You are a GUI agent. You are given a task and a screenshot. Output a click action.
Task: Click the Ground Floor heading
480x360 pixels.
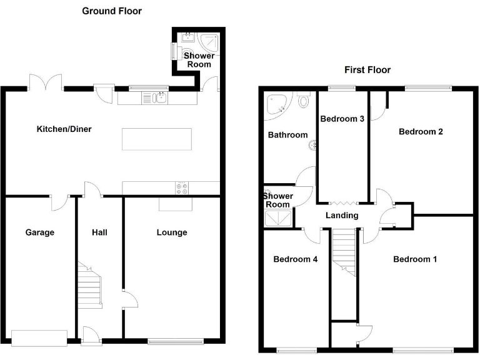pos(112,11)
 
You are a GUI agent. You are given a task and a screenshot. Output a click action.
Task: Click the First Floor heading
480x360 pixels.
pos(367,69)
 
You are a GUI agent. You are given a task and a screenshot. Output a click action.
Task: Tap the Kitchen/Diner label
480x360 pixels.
pos(64,129)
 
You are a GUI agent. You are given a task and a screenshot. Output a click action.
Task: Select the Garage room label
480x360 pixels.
pos(40,232)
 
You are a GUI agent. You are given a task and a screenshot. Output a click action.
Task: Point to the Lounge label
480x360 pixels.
pos(172,232)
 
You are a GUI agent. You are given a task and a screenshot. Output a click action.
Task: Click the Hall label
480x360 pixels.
pos(99,232)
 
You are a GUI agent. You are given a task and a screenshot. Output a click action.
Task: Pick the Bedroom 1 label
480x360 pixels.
pos(414,259)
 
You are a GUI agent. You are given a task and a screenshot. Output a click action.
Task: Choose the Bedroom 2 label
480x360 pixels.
pos(421,131)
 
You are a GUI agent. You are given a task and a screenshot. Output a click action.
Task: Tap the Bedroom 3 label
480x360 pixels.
pos(342,119)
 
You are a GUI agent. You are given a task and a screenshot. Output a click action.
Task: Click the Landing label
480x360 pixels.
pos(342,216)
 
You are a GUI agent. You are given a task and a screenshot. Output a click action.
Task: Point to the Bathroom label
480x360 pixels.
pos(287,135)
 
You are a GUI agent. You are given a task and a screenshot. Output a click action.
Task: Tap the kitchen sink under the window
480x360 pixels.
pos(153,97)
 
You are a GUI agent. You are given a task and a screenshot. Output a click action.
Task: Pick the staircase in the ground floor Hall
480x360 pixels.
pos(89,284)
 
